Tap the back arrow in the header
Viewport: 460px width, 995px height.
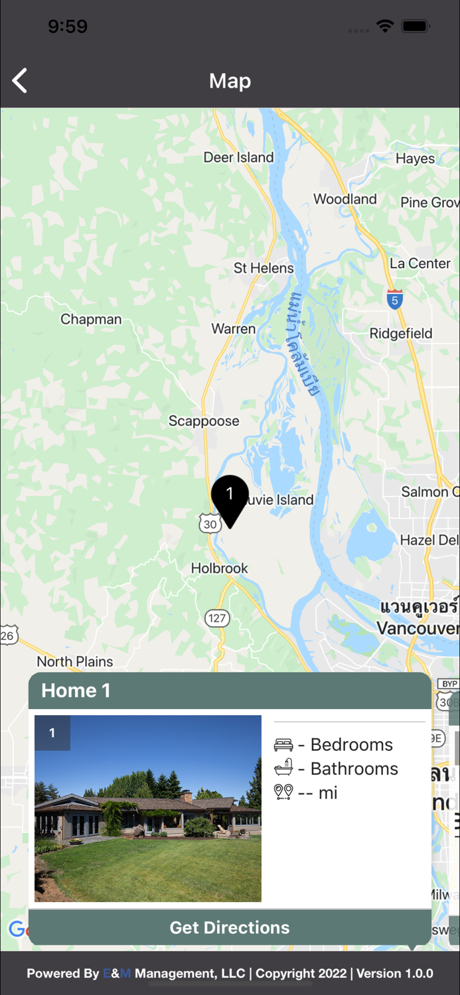20,81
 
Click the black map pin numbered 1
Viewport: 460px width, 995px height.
230,497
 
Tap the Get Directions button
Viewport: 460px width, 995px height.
230,927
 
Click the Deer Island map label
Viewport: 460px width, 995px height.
238,157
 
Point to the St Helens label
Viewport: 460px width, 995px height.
264,268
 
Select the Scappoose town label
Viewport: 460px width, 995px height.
204,421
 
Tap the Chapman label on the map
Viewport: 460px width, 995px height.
91,319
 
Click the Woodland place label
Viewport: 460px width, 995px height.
345,199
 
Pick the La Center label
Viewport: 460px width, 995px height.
420,263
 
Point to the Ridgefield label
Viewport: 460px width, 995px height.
401,333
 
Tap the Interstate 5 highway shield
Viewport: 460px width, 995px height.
395,299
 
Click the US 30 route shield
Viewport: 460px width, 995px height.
210,523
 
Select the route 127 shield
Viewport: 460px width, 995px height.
216,618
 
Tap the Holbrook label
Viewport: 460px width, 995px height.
220,568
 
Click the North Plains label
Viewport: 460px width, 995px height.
75,661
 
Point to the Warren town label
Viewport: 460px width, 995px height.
234,328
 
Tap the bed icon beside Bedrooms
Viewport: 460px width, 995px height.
283,745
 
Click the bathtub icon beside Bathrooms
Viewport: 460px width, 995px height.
283,769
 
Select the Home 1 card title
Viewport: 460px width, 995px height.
76,691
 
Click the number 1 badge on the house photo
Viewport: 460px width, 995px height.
52,733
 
